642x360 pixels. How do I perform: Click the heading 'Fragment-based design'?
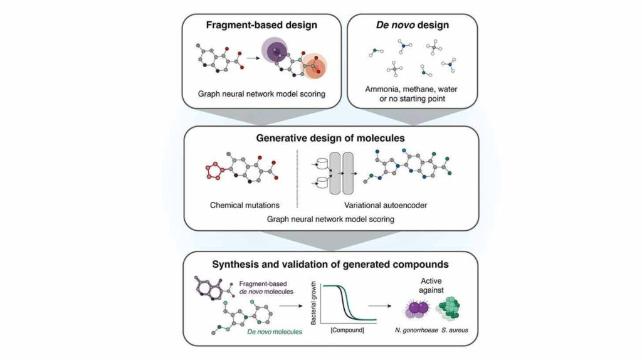click(261, 25)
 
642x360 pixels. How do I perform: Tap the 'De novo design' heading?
click(413, 25)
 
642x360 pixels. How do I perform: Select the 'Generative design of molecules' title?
click(330, 138)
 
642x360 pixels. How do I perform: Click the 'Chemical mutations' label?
click(245, 205)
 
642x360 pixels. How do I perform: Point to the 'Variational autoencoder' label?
click(386, 205)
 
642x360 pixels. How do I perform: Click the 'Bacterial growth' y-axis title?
click(313, 304)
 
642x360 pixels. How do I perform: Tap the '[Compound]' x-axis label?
click(347, 330)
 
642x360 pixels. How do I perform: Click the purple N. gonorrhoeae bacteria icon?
click(418, 309)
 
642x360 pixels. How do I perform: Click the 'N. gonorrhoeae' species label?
click(416, 330)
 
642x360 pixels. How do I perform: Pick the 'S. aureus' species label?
click(455, 330)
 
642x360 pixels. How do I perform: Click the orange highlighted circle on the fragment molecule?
click(314, 65)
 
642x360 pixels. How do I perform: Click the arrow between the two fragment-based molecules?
click(253, 58)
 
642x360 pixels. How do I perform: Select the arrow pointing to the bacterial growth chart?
click(291, 305)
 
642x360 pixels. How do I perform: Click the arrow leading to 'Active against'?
click(379, 305)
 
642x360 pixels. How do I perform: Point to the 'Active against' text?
click(431, 285)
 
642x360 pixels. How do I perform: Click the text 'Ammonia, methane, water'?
click(411, 89)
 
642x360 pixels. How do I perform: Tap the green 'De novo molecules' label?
click(275, 332)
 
